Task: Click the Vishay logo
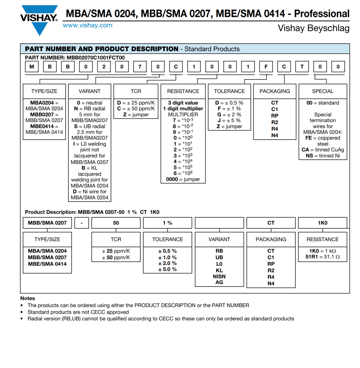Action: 39,19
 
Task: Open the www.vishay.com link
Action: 88,25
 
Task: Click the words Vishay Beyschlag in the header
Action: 313,28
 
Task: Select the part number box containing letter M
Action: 32,67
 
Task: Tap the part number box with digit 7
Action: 140,67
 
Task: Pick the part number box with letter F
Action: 266,67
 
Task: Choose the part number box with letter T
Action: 302,67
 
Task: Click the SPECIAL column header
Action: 323,91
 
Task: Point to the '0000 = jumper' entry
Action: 183,179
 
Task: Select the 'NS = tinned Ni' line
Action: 323,156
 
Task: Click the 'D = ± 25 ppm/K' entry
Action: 136,103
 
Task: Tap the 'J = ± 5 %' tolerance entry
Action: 229,121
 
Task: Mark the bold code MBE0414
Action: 42,126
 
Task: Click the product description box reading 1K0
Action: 323,223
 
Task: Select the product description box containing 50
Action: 116,223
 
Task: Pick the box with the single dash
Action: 81,223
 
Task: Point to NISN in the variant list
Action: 219,276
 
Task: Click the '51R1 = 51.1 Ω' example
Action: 323,257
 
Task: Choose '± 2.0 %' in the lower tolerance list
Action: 167,263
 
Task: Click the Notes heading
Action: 28,298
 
